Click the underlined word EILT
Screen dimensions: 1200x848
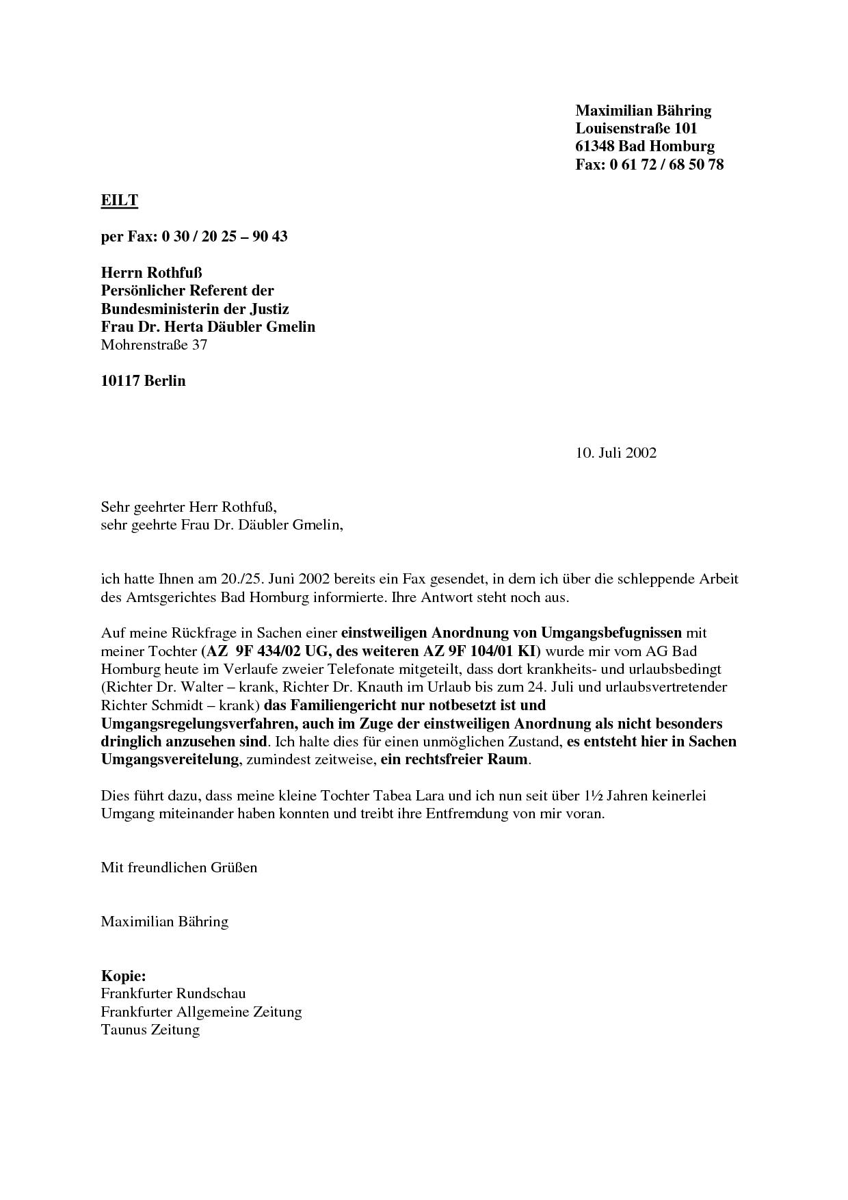tap(120, 200)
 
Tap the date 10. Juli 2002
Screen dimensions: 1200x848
tap(615, 453)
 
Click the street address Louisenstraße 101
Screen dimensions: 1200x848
tap(636, 129)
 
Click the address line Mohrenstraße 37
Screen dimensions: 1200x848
tap(154, 345)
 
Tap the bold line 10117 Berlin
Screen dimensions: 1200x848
tap(143, 381)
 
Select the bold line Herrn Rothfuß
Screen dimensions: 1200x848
tap(151, 273)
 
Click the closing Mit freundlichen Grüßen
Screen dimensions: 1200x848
tap(179, 868)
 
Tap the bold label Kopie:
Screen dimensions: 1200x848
tap(123, 976)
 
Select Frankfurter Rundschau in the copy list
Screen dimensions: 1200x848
tap(173, 993)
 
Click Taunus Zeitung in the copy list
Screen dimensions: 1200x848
tap(150, 1030)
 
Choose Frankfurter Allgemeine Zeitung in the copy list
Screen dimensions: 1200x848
tap(201, 1012)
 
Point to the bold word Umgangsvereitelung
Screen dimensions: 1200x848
tap(170, 759)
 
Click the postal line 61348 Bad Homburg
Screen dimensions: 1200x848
tap(644, 146)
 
